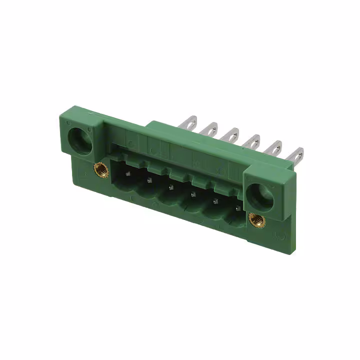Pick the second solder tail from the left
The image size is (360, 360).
tap(209, 129)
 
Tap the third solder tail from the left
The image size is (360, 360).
tap(230, 135)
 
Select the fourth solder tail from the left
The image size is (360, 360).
tap(251, 141)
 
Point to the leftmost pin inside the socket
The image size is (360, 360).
tap(126, 173)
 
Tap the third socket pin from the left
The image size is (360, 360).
tap(170, 187)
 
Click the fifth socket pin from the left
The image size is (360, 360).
tap(215, 201)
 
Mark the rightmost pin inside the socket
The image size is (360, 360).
tap(237, 207)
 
